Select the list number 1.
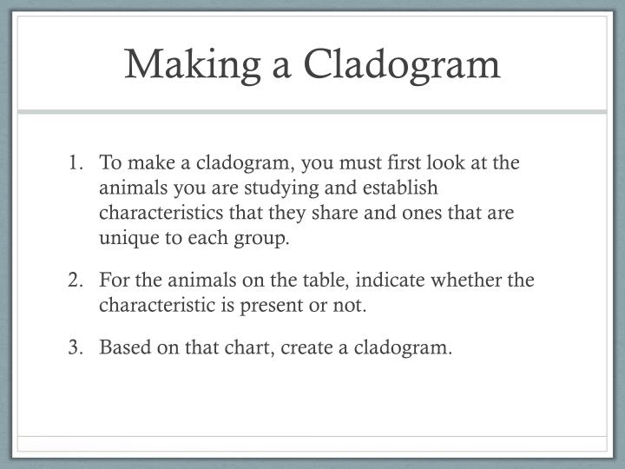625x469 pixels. pyautogui.click(x=76, y=164)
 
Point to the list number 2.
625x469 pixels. pyautogui.click(x=76, y=281)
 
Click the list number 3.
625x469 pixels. pyautogui.click(x=76, y=348)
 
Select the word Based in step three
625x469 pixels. pyautogui.click(x=122, y=348)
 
